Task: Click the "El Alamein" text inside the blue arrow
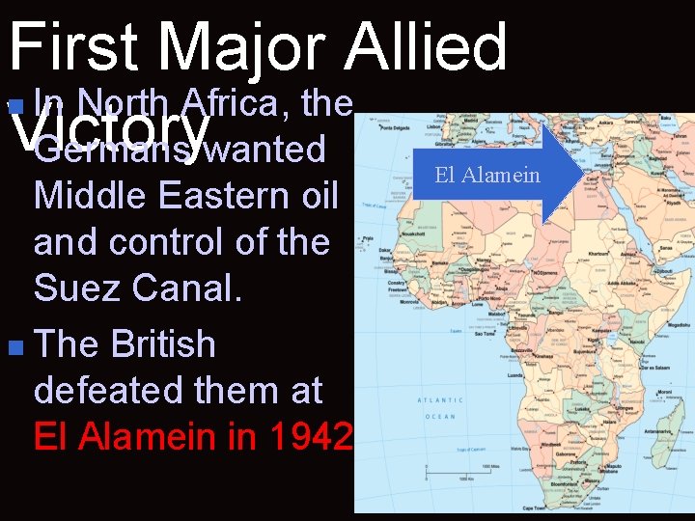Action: point(487,175)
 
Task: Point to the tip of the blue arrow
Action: point(582,174)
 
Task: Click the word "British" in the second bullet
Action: point(163,344)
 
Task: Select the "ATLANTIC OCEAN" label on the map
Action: point(439,407)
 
